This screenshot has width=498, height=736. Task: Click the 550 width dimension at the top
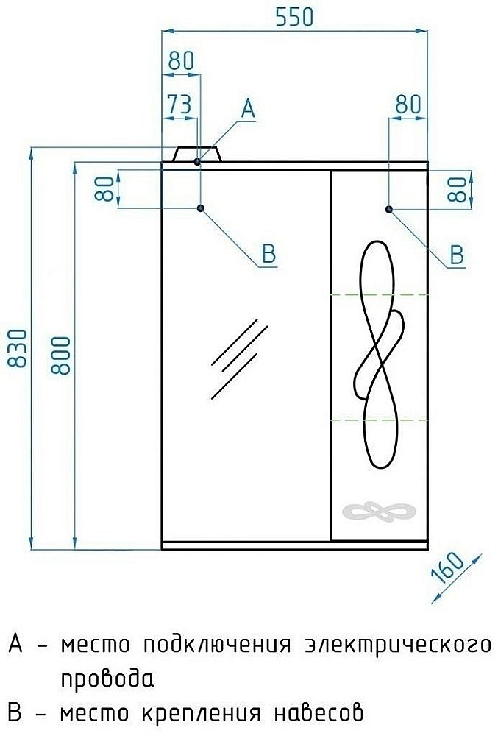294,17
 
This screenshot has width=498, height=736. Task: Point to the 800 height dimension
63,355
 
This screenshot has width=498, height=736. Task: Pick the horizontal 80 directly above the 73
181,62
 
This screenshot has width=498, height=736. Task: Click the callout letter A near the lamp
248,110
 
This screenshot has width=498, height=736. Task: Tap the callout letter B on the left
268,254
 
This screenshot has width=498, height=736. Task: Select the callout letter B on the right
457,255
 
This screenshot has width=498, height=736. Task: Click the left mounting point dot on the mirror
200,209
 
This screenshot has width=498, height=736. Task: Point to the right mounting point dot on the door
389,209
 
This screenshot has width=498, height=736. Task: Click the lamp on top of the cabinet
198,155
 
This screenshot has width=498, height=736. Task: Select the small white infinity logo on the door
379,512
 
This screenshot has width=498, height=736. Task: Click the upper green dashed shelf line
379,294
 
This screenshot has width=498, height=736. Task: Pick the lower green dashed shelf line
379,420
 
